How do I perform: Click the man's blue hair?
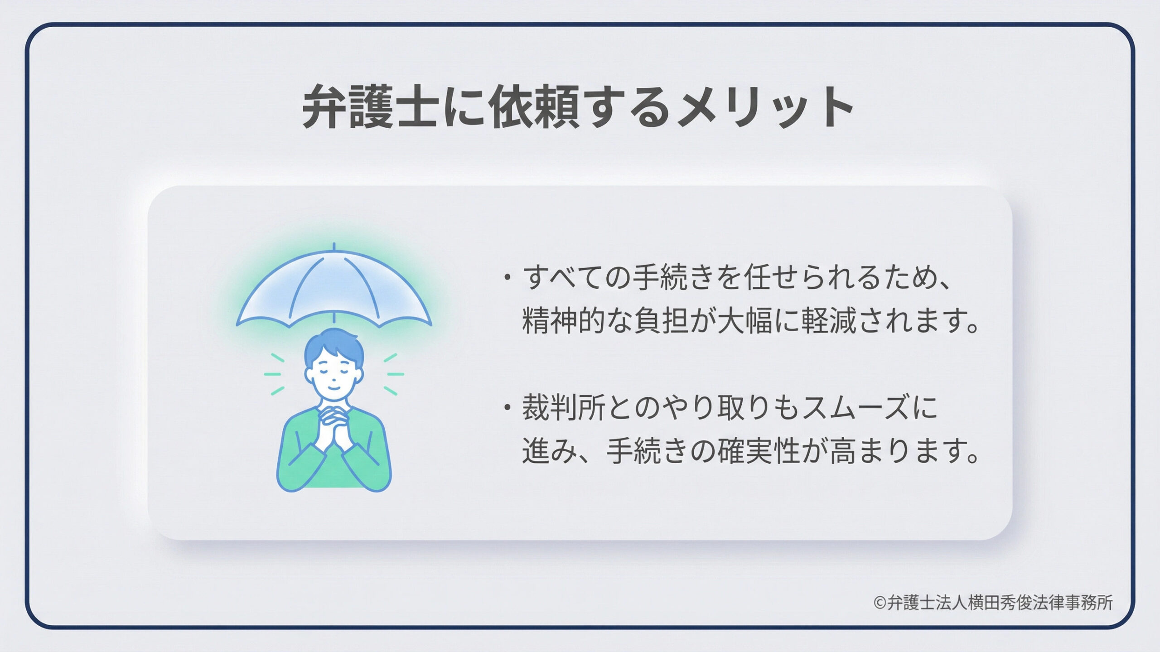click(334, 347)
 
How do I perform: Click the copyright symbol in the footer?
click(879, 603)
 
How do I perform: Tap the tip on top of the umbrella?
click(334, 246)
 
